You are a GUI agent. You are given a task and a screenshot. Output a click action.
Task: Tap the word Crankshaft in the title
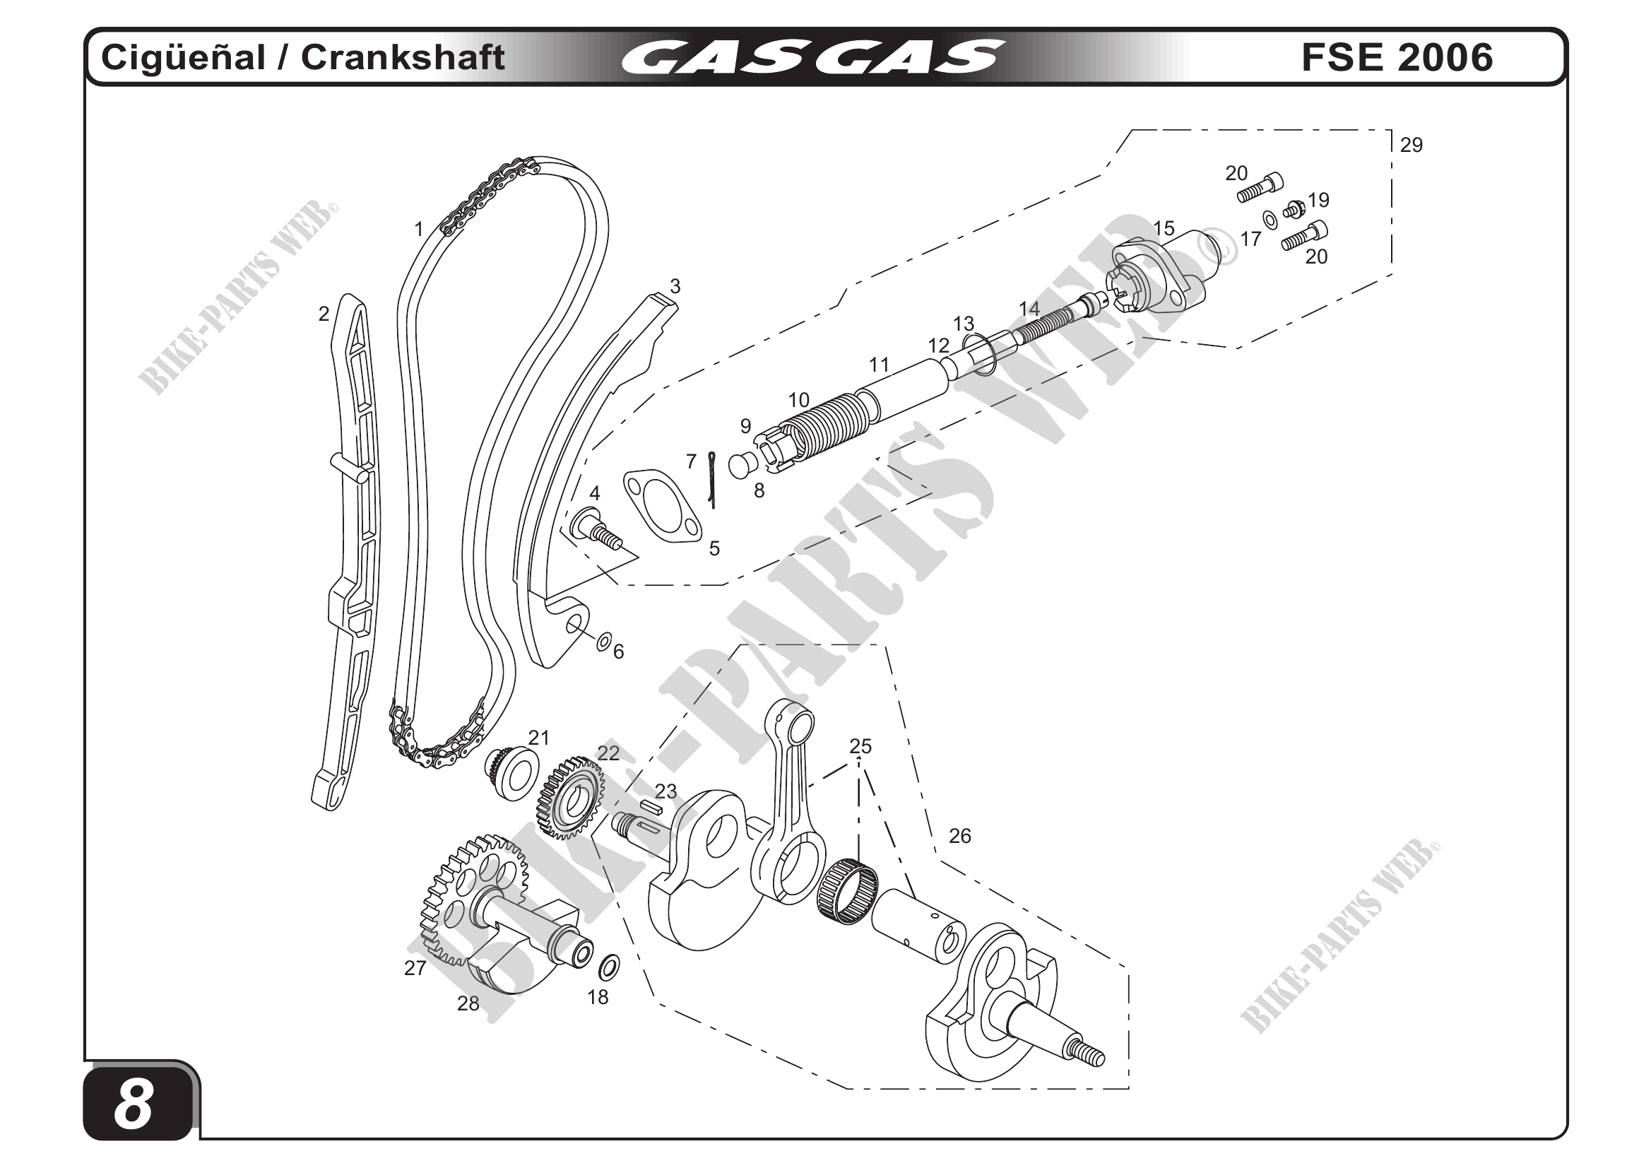[403, 57]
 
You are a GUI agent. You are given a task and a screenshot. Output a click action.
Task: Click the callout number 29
[1411, 146]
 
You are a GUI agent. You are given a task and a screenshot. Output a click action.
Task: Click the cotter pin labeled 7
[712, 479]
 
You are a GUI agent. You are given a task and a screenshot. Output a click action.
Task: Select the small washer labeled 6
[604, 640]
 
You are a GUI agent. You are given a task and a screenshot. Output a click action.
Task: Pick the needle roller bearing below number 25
[848, 892]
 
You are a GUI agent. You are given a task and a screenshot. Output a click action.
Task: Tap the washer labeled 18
[609, 967]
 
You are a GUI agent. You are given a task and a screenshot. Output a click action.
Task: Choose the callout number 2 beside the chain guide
[324, 314]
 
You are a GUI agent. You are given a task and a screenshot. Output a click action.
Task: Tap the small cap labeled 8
[741, 465]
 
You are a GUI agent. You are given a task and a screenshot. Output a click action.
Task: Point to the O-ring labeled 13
[978, 354]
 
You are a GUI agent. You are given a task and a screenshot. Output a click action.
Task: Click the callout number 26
[959, 836]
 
